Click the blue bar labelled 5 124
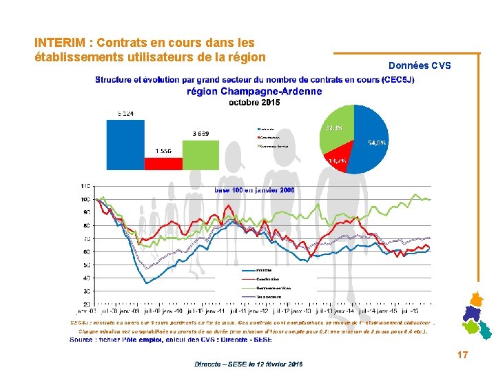pos(125,144)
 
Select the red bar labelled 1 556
pos(164,163)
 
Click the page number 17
pos(463,355)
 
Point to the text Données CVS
pos(420,66)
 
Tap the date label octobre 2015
pos(254,103)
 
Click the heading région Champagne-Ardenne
pos(254,92)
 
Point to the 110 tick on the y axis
pos(85,187)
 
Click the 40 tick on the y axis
pos(85,278)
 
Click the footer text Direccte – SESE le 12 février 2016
pos(248,363)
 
